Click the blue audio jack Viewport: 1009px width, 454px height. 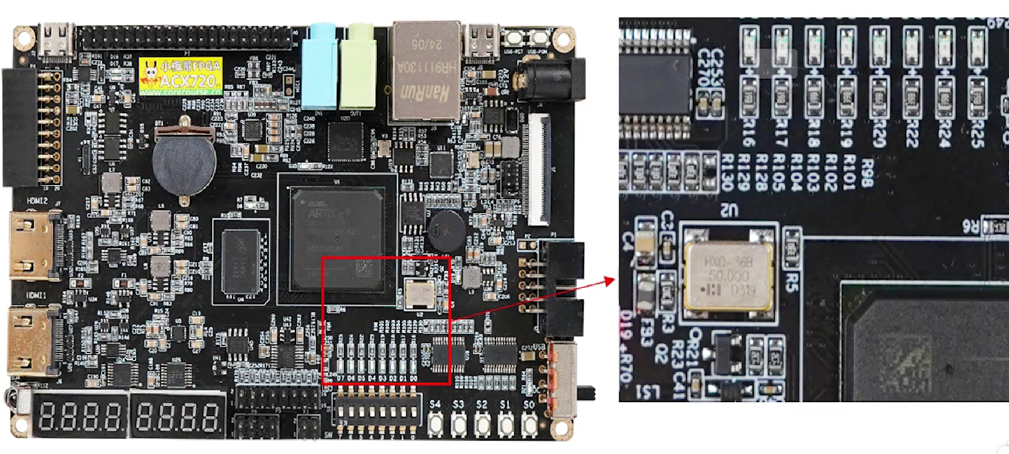pos(320,65)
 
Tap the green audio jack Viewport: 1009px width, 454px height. pos(356,65)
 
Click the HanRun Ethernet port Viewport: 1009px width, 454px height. pos(426,70)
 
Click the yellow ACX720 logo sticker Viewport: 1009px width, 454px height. pos(181,76)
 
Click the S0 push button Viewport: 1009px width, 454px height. pos(529,424)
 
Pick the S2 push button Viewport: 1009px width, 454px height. pos(481,424)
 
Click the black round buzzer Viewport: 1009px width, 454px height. pos(446,231)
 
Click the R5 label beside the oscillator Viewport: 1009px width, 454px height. pos(792,282)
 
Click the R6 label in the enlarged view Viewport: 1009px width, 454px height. pos(970,226)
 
